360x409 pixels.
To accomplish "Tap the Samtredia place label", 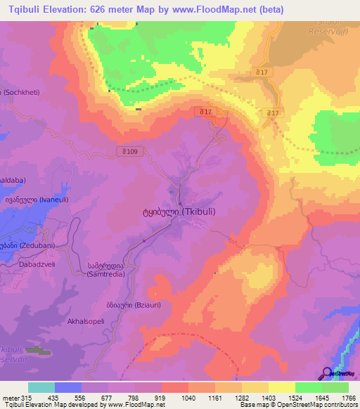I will (106, 270).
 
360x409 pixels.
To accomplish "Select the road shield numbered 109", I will (129, 152).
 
